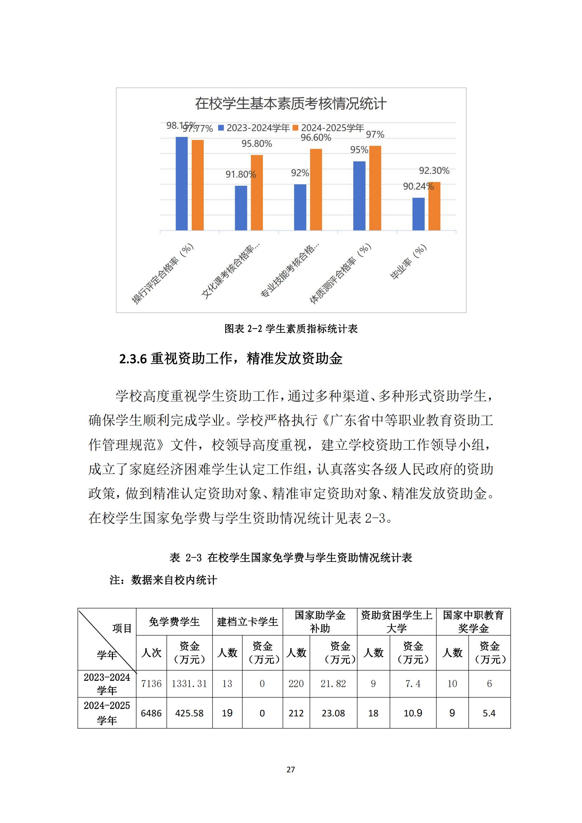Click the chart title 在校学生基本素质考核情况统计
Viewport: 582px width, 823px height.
click(x=291, y=104)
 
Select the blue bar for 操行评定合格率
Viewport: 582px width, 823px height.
click(x=182, y=184)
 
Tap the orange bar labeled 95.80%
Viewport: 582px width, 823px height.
click(x=257, y=192)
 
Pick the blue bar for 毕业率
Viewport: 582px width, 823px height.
click(x=418, y=214)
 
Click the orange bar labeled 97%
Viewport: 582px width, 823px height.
click(x=375, y=188)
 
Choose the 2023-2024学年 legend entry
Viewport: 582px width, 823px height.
click(x=254, y=128)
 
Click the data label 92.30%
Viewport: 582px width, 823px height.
click(x=434, y=171)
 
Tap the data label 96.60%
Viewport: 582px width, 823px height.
click(x=316, y=138)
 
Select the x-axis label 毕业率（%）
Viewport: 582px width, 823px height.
click(x=409, y=261)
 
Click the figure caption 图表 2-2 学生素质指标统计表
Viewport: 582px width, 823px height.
click(x=291, y=329)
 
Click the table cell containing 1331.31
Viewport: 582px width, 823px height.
click(x=189, y=684)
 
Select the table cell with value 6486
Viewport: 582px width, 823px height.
click(x=151, y=713)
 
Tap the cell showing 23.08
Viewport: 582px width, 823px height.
click(x=333, y=713)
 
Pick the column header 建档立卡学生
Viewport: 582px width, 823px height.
click(x=247, y=621)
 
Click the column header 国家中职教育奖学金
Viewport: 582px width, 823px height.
click(x=473, y=621)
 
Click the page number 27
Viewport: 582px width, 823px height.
click(x=291, y=769)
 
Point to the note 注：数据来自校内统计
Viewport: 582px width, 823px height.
click(x=163, y=580)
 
